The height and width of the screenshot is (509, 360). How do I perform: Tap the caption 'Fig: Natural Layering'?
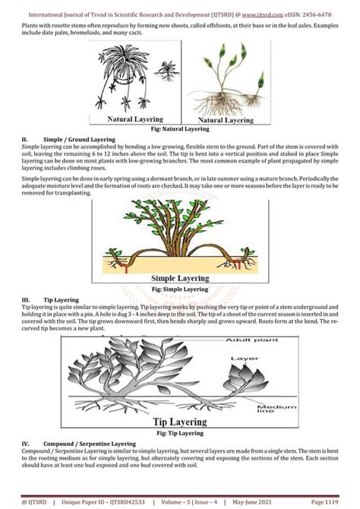coord(181,130)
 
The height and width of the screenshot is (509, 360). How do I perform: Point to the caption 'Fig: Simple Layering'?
coord(180,289)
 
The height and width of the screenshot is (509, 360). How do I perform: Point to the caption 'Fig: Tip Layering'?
coord(179,433)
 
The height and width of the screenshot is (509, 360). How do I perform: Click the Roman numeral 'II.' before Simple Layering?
coord(25,140)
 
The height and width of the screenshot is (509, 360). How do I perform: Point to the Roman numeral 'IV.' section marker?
coord(26,443)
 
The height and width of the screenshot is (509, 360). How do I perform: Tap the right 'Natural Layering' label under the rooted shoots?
coord(226,120)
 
